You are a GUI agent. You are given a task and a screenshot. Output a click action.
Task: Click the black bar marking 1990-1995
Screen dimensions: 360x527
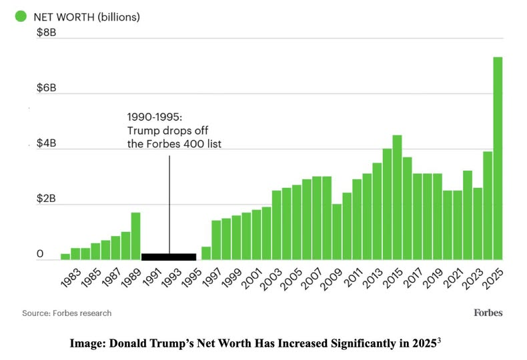tap(169, 257)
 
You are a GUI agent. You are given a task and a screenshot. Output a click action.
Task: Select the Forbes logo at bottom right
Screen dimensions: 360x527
tap(488, 312)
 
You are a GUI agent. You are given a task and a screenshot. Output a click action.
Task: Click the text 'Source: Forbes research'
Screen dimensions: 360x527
tap(67, 313)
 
